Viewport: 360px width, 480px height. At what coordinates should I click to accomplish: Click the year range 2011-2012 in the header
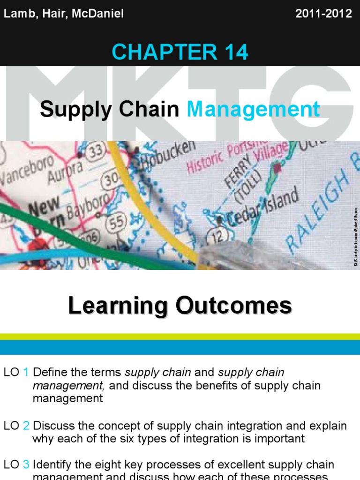pyautogui.click(x=323, y=14)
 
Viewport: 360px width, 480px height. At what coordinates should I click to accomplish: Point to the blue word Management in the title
pyautogui.click(x=254, y=110)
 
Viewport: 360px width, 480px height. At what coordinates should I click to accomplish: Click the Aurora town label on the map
pyautogui.click(x=66, y=172)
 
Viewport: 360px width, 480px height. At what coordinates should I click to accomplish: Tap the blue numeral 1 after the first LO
pyautogui.click(x=26, y=373)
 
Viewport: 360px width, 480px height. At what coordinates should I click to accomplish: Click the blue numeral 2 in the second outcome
pyautogui.click(x=26, y=426)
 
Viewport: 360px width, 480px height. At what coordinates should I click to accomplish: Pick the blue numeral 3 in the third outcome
pyautogui.click(x=26, y=465)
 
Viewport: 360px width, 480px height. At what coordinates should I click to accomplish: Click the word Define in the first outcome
pyautogui.click(x=48, y=373)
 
